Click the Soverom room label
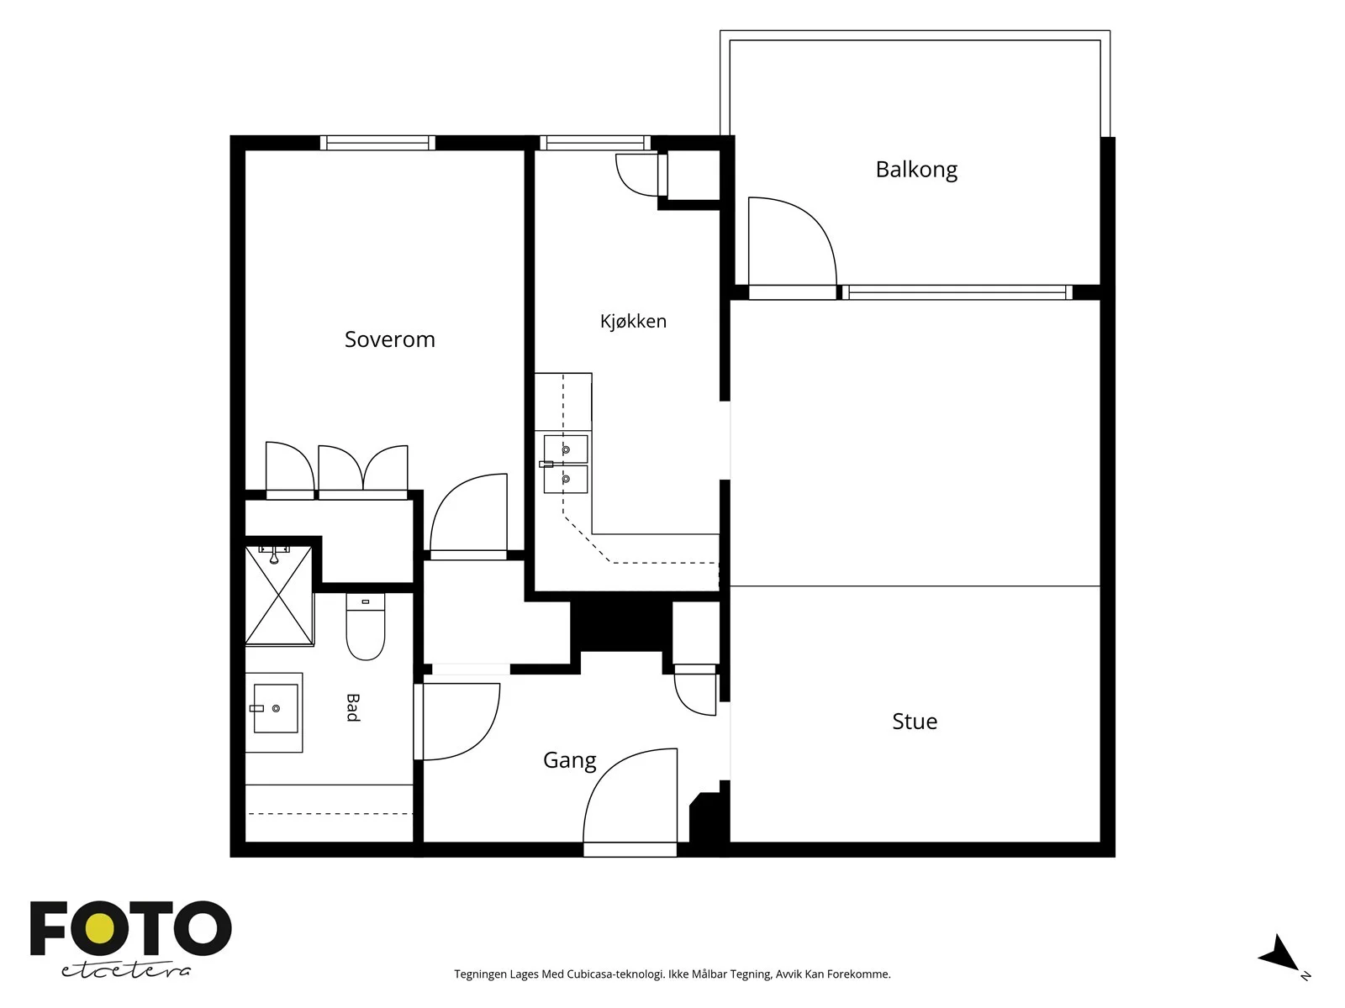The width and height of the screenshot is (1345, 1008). [390, 339]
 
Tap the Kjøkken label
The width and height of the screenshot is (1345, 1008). [633, 322]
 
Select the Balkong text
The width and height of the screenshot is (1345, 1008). [916, 171]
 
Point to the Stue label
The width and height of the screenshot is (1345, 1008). [915, 722]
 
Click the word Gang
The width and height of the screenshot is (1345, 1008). [569, 761]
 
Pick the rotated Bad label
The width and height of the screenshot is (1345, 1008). [352, 708]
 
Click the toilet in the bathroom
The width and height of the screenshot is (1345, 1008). [365, 626]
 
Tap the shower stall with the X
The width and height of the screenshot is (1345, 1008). [279, 595]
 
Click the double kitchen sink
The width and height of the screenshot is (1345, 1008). [565, 465]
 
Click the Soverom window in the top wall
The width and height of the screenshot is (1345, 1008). [377, 143]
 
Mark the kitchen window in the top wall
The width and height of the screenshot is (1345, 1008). [595, 143]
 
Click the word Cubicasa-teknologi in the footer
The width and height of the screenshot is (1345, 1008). [615, 974]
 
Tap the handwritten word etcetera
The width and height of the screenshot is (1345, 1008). [126, 971]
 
